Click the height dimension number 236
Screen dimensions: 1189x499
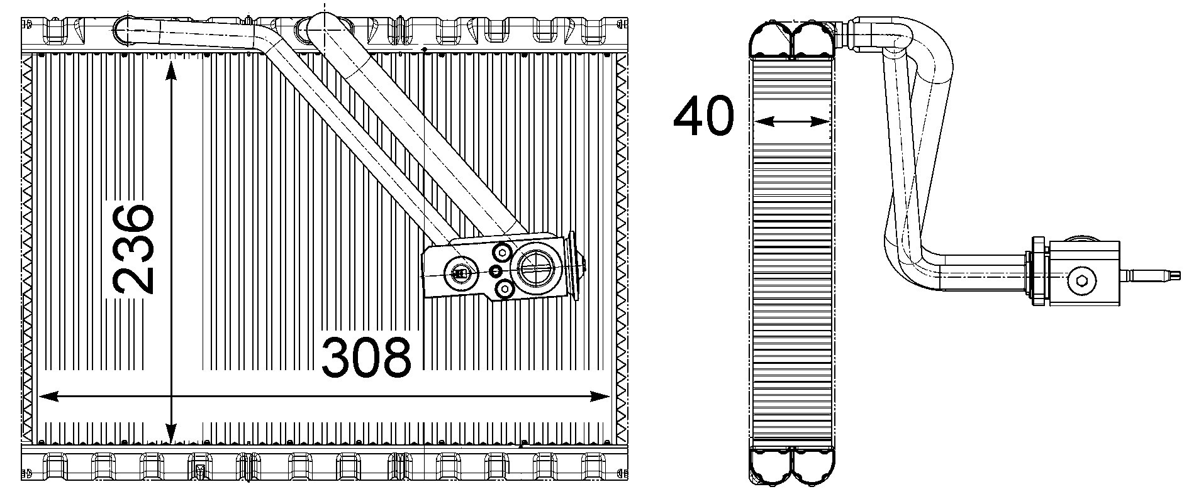(x=133, y=248)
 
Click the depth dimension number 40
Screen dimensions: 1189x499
(x=703, y=116)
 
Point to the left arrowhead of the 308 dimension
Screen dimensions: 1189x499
(x=49, y=396)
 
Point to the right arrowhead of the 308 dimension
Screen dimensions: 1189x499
(x=600, y=396)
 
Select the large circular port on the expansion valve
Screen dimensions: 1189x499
(x=535, y=269)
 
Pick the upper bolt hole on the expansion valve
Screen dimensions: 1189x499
(x=503, y=253)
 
